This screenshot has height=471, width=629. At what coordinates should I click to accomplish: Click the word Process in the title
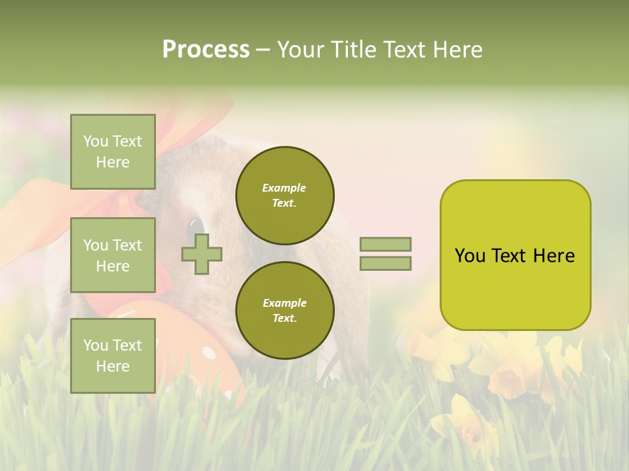point(206,50)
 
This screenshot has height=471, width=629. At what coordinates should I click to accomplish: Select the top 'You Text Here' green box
point(113,152)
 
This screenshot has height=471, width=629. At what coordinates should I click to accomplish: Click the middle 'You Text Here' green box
point(113,255)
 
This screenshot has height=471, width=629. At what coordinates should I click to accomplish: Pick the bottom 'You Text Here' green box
point(113,356)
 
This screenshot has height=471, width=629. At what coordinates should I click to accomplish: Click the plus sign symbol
point(202,254)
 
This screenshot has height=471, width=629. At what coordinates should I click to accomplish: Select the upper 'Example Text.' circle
point(284,196)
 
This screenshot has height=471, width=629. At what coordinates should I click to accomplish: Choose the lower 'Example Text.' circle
point(284,311)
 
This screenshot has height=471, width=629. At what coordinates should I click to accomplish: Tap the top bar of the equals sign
point(385,245)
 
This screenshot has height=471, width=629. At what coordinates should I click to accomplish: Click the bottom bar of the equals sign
point(385,264)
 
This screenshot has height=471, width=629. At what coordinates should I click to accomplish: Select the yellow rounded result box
point(515,255)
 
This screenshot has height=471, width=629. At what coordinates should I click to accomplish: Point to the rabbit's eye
point(195,229)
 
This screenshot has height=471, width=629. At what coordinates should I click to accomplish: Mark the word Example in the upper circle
point(284,188)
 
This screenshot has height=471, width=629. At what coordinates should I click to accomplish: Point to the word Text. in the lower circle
point(284,319)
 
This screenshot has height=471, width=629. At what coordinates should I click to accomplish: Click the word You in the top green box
point(96,141)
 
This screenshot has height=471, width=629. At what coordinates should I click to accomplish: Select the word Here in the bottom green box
point(113,366)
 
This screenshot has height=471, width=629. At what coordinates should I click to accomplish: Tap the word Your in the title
point(300,50)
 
